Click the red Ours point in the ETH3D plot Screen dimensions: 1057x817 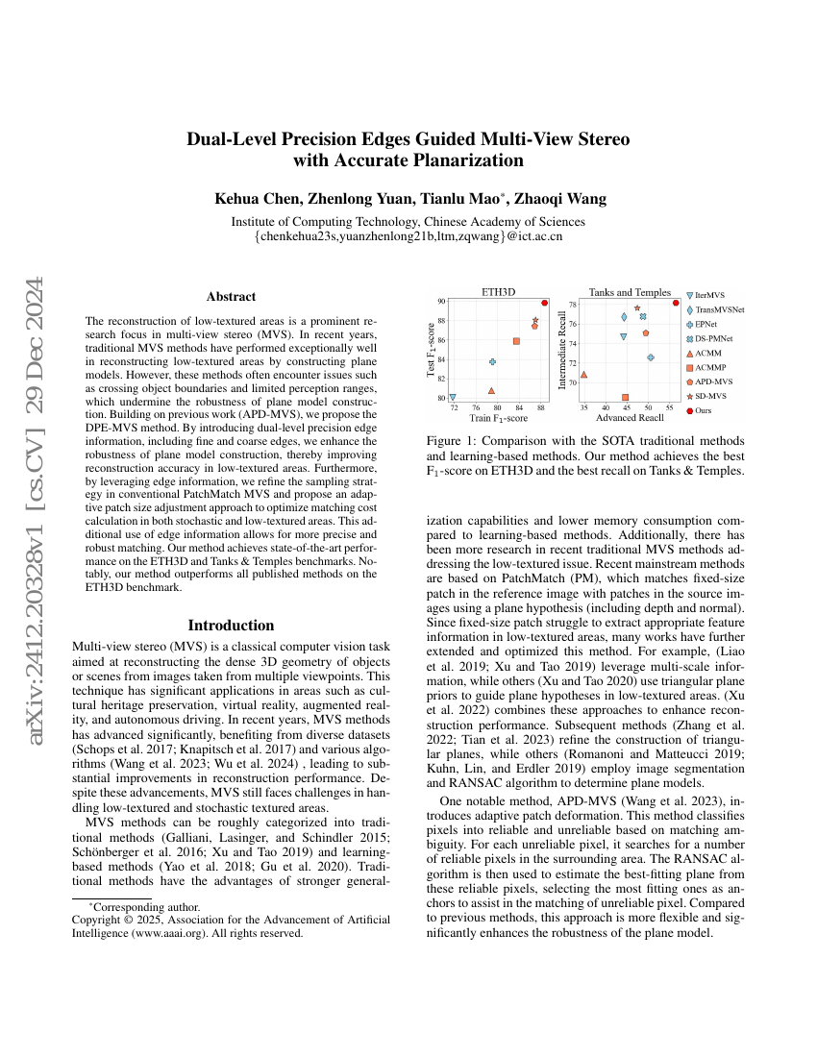click(544, 303)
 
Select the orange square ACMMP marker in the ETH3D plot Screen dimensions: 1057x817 click(516, 341)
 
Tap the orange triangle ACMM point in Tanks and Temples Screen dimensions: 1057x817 click(583, 375)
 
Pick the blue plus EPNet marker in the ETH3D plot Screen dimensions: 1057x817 click(493, 361)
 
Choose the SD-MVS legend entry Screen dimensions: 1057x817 click(710, 395)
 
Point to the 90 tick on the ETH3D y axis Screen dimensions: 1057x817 click(440, 302)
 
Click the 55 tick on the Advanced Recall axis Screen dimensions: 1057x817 click(669, 407)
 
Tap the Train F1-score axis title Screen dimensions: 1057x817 click(498, 418)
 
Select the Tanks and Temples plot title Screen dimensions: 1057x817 click(630, 292)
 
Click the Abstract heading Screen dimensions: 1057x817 click(231, 297)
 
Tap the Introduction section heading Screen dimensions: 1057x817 click(231, 625)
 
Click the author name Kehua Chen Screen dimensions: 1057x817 click(253, 199)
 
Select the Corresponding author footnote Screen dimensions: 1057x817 click(144, 906)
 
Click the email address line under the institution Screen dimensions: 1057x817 click(408, 234)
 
